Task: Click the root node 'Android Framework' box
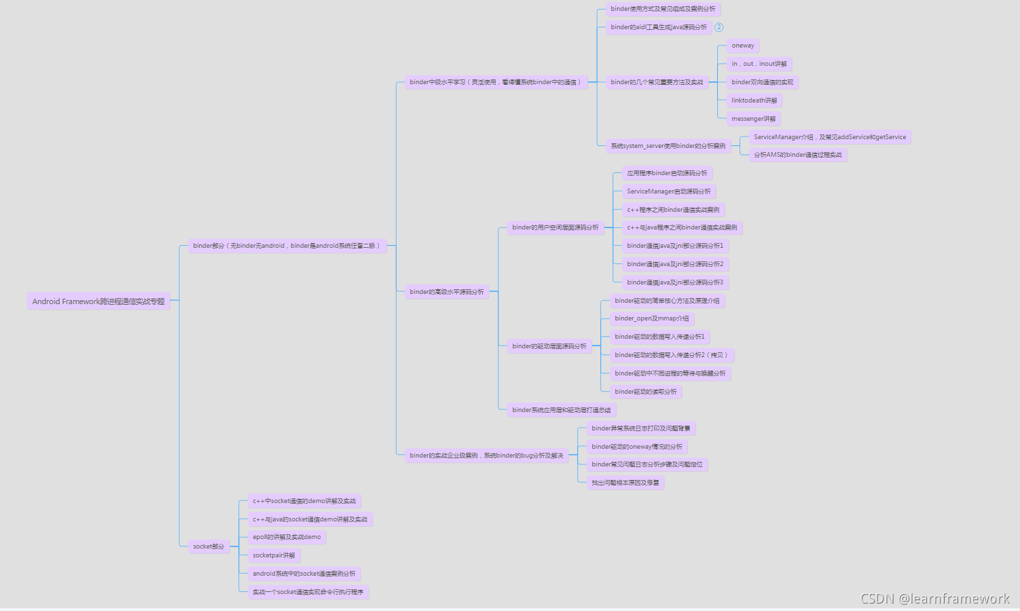point(98,301)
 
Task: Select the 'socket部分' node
point(208,547)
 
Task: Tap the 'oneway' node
point(743,45)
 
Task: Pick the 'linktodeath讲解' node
point(754,100)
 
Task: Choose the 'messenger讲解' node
point(753,119)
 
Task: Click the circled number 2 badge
point(718,27)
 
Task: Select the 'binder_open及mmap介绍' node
point(651,318)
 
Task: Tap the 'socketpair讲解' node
point(274,555)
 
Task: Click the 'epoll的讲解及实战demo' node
point(287,537)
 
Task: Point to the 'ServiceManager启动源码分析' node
point(668,191)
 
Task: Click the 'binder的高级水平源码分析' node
point(446,292)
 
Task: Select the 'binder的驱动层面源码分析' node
point(549,346)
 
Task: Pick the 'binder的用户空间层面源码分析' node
point(555,227)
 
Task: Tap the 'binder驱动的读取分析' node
point(645,392)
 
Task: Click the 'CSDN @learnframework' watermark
point(934,599)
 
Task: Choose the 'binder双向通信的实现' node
point(762,82)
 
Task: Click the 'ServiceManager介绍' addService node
point(829,137)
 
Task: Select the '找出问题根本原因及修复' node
point(625,483)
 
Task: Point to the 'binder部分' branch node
point(287,246)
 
